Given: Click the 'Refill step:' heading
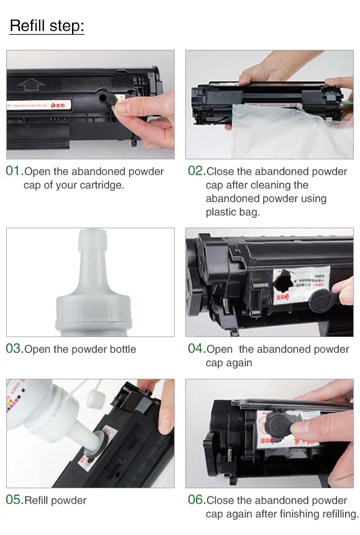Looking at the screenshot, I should [x=47, y=26].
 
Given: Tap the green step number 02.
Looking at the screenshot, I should [x=196, y=171].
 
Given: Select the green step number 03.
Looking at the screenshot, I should [x=14, y=349].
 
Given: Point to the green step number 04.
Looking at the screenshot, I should [x=196, y=349].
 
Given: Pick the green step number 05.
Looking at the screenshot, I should [x=14, y=500].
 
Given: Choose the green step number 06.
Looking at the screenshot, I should [x=196, y=500].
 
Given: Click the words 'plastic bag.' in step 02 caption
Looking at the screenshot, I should [x=233, y=212].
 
